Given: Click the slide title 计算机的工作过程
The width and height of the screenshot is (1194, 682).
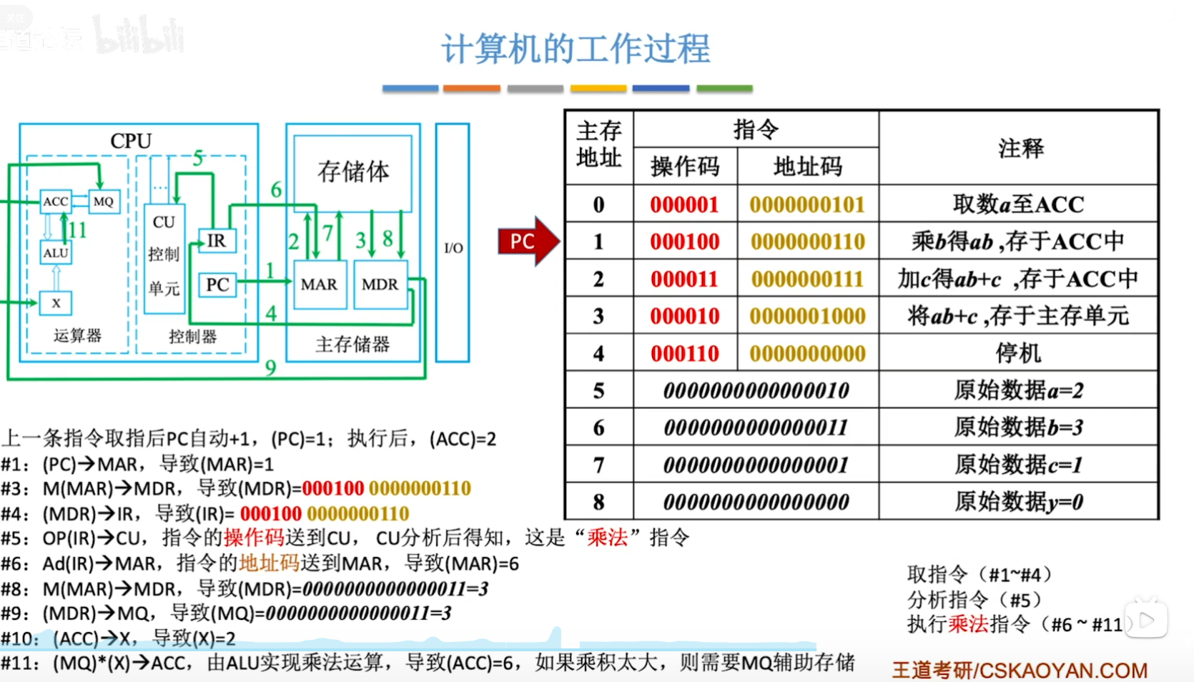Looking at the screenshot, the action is (576, 49).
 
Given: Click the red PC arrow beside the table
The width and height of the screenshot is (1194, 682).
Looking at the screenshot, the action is (526, 241).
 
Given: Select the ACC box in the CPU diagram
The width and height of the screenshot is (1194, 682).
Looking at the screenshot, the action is (55, 202).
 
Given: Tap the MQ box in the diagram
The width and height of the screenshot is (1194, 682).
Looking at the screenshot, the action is (104, 202).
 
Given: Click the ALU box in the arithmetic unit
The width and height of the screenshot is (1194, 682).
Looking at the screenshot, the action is (56, 253).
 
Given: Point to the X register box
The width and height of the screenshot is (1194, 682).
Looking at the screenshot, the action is (56, 303).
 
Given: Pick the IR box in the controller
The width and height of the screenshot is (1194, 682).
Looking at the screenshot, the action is (216, 241).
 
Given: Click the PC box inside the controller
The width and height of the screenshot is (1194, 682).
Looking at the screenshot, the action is (217, 285).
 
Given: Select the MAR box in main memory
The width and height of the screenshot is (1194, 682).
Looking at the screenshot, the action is (319, 285).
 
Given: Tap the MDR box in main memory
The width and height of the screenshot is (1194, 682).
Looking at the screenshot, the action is (380, 285).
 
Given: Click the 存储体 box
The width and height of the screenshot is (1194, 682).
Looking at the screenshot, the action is (353, 172).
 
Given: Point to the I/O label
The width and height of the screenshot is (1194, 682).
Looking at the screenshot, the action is (453, 248).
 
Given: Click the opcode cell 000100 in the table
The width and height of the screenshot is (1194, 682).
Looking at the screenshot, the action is (684, 242).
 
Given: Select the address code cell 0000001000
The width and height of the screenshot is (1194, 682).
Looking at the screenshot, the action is (807, 316).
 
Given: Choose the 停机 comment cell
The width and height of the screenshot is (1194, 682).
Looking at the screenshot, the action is (1018, 353).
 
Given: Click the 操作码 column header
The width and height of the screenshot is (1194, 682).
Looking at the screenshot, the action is (684, 167).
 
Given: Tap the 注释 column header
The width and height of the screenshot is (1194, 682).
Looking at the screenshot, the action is (1020, 148).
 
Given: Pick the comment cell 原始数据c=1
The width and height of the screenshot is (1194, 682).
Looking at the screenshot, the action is (1018, 465).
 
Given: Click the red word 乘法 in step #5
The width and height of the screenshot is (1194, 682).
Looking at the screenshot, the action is (607, 538).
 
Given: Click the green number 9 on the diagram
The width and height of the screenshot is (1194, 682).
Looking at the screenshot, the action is (270, 367).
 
